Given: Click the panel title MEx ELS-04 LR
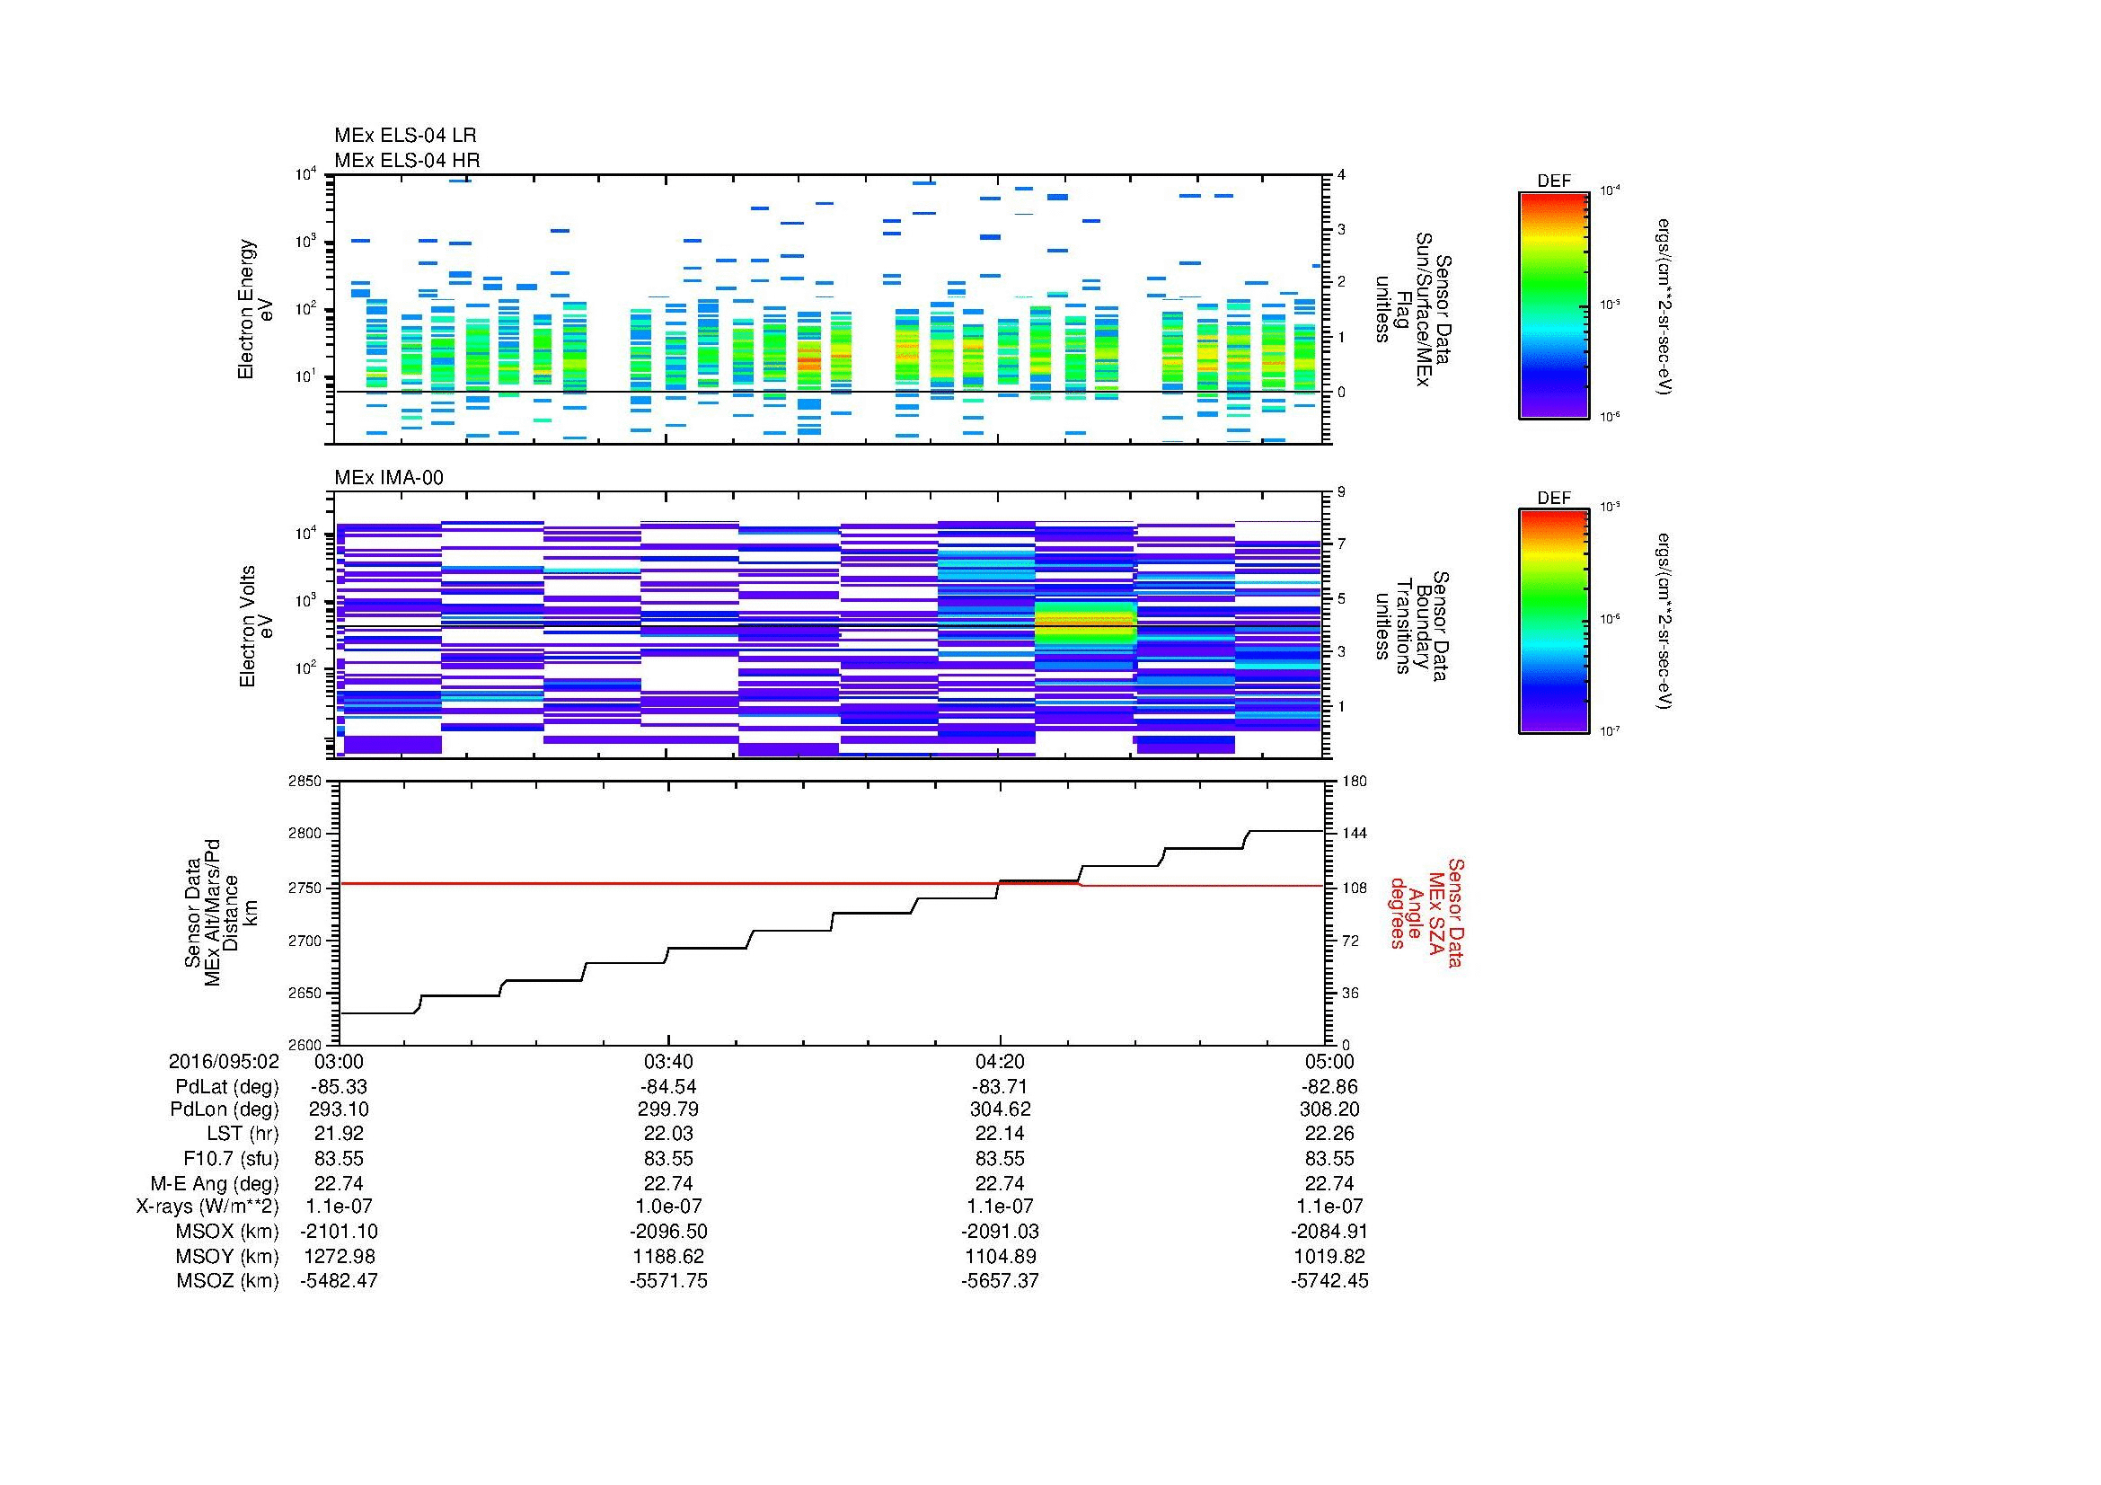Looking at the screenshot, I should click(404, 136).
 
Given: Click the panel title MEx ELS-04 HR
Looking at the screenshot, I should click(406, 160).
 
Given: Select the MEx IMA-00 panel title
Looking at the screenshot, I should click(388, 478).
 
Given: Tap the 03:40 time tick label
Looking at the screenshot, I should click(668, 1061).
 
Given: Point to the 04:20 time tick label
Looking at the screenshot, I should click(1000, 1061).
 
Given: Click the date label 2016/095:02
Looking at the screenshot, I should click(224, 1061).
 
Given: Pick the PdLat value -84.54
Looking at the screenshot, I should click(668, 1087).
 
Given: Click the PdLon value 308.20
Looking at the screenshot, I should click(1329, 1109).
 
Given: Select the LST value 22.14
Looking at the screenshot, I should click(1000, 1134).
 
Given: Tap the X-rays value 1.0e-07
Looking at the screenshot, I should click(668, 1207).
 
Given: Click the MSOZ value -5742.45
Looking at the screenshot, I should click(1329, 1281).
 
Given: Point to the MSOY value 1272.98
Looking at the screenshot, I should click(339, 1256).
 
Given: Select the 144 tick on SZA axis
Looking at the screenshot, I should click(1354, 834).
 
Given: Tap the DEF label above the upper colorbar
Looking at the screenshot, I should click(1553, 181).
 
